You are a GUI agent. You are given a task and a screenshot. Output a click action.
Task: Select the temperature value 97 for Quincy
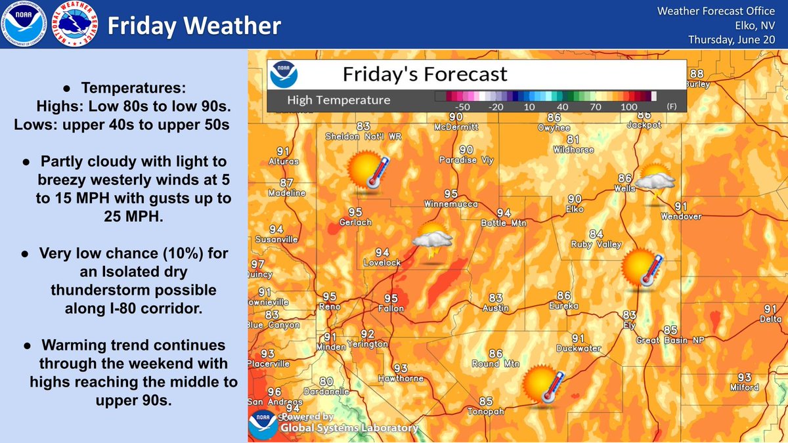pos(257,264)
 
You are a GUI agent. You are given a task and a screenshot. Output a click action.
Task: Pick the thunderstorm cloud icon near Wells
pos(655,182)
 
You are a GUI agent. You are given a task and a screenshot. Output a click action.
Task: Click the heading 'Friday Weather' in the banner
pos(194,26)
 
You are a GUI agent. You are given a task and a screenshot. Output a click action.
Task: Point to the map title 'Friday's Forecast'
pos(425,73)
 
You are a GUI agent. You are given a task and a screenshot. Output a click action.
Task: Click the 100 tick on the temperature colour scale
pos(629,106)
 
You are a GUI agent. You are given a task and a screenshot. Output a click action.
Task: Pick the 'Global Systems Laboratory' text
pos(349,428)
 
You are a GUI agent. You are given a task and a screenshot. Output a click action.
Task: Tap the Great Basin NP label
pos(667,340)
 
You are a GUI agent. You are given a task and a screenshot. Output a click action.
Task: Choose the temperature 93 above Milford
pos(744,377)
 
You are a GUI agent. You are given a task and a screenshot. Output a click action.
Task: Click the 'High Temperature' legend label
pos(339,100)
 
